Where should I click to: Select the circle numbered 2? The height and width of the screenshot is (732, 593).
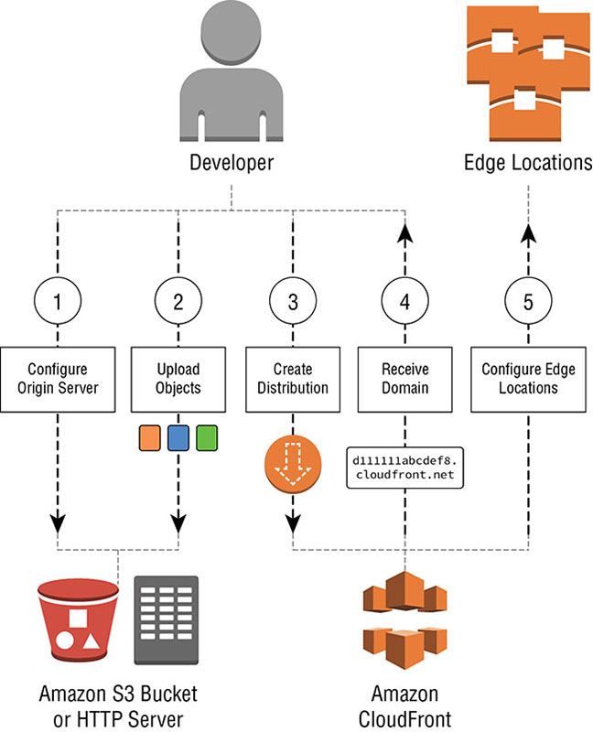(x=178, y=301)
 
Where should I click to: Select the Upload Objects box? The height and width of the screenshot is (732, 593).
(x=178, y=378)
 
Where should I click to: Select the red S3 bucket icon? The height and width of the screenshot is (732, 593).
(x=75, y=619)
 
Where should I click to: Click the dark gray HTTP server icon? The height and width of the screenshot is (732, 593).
(x=166, y=619)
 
